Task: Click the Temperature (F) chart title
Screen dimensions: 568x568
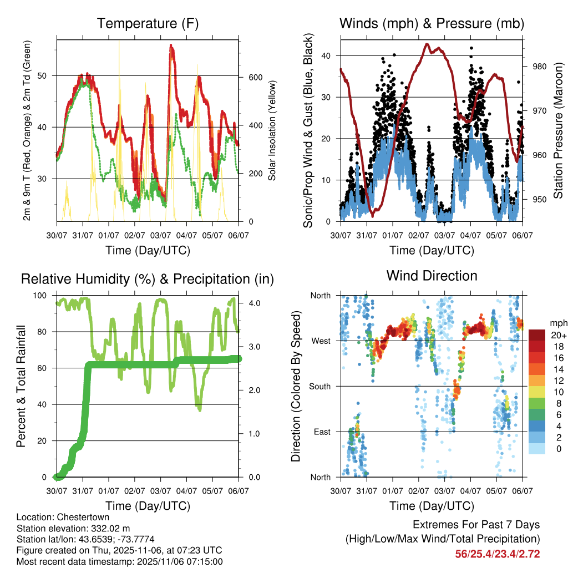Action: point(148,24)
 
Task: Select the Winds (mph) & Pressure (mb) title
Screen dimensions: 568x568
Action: point(432,24)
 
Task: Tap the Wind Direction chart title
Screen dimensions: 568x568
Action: point(432,276)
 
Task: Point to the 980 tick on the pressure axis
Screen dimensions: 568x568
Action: point(539,67)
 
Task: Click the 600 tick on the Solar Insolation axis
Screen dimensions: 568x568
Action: point(255,77)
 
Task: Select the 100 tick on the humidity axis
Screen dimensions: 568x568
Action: point(44,295)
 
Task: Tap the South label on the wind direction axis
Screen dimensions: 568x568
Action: point(319,386)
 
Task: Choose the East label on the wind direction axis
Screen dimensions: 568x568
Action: point(322,432)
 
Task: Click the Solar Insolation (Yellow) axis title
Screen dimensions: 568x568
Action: point(272,131)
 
